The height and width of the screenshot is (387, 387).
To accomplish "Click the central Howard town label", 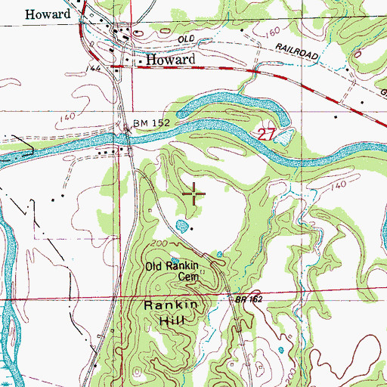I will (170, 59).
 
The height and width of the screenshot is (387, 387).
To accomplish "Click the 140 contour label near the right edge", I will (338, 184).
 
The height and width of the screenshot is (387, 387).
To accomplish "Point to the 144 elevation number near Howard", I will (94, 67).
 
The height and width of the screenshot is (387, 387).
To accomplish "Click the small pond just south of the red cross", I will (181, 225).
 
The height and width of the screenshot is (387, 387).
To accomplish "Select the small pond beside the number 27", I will (284, 137).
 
